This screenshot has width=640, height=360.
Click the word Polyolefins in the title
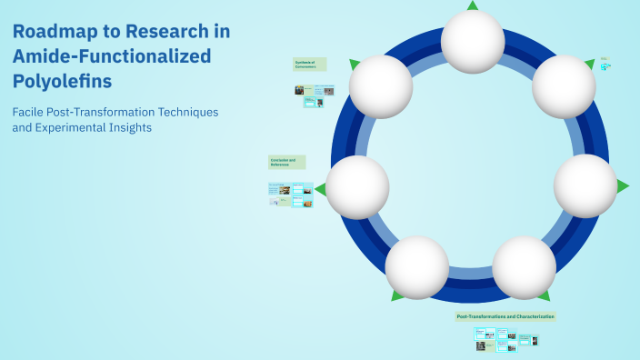[63, 81]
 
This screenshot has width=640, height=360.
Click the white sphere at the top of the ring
[473, 42]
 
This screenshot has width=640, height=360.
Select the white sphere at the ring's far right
[585, 186]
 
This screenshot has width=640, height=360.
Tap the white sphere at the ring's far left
[357, 187]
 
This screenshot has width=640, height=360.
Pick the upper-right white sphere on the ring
[564, 86]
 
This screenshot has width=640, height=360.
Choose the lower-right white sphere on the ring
[525, 268]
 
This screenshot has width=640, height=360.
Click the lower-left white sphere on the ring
[416, 268]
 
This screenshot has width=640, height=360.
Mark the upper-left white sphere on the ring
[381, 87]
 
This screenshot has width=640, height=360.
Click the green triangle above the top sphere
[473, 5]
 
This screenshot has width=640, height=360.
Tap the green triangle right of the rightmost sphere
[623, 186]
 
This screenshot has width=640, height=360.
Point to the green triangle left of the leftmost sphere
[320, 189]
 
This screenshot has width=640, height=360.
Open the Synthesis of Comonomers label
[309, 65]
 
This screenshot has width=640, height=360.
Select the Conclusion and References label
[286, 162]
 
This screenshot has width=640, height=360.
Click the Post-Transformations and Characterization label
[505, 316]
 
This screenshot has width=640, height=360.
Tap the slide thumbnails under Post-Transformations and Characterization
[506, 339]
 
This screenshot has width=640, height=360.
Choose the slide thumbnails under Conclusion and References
[291, 194]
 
